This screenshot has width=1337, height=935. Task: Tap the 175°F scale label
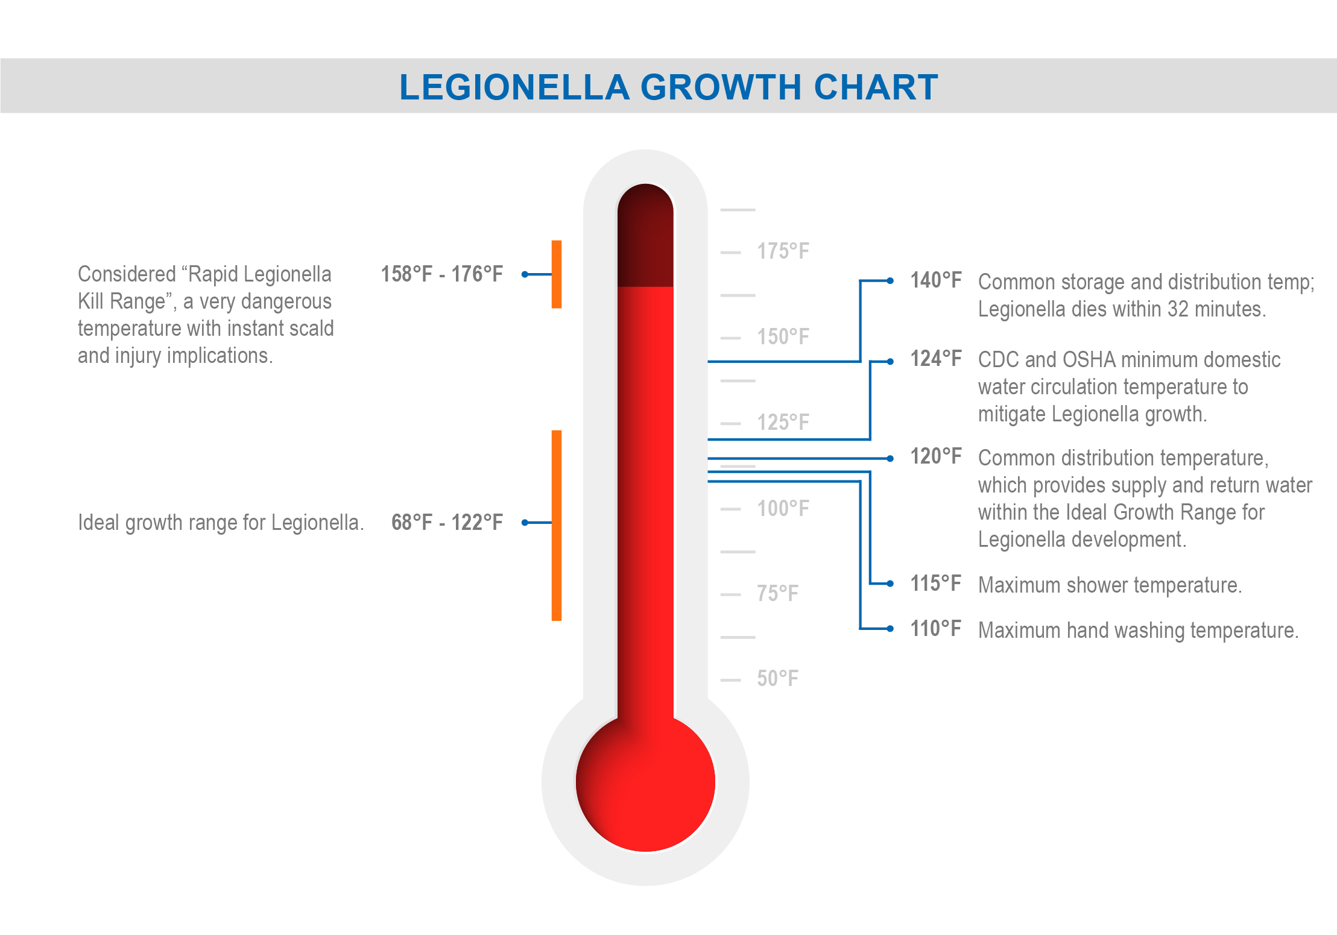(x=783, y=251)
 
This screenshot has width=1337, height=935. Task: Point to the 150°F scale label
(x=783, y=337)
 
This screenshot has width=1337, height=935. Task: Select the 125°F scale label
(x=783, y=423)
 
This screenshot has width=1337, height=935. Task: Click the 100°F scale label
(x=783, y=508)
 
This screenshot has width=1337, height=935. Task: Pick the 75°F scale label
(x=777, y=594)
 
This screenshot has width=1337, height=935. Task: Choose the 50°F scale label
(x=777, y=679)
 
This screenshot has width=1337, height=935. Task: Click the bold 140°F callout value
(x=935, y=280)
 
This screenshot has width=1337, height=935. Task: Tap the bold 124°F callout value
(x=935, y=359)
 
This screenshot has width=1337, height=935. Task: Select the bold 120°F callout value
(x=935, y=456)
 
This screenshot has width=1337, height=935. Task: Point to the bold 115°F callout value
(x=935, y=584)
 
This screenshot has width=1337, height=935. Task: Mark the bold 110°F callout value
(x=935, y=629)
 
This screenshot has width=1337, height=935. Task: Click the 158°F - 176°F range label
(x=441, y=274)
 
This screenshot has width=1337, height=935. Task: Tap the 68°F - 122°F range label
(x=447, y=523)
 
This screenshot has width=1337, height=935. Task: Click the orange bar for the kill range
(x=557, y=274)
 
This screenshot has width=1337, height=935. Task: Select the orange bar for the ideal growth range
(x=557, y=525)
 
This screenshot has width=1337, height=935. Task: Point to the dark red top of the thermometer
(x=645, y=241)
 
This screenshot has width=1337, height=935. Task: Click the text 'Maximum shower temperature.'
(x=1110, y=585)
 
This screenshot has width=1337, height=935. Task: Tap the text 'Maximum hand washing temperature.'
(x=1138, y=631)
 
